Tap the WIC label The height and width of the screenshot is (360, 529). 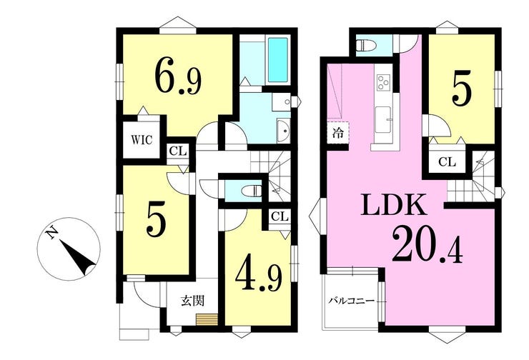(x=142, y=139)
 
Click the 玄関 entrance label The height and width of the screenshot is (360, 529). (x=193, y=300)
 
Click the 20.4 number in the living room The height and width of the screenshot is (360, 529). (x=427, y=245)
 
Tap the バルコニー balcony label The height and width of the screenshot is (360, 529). (x=352, y=300)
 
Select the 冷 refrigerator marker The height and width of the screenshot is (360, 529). (x=337, y=133)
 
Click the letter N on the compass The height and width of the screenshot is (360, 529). (x=52, y=233)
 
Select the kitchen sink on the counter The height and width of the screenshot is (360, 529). (x=383, y=120)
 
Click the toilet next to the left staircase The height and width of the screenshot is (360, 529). (x=252, y=191)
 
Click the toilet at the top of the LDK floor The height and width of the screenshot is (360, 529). (x=366, y=44)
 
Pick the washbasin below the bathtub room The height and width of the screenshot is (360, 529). (x=284, y=131)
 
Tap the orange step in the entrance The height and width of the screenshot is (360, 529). (x=207, y=319)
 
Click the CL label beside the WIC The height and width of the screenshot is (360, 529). (x=178, y=151)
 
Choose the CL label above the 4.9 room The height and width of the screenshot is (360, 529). (x=280, y=216)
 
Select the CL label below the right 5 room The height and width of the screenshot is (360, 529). (x=447, y=162)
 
